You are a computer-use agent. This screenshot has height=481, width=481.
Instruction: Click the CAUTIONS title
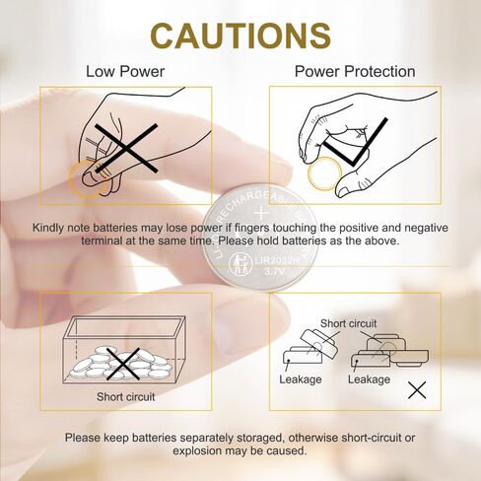(240, 35)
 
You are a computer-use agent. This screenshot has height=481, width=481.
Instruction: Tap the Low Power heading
(125, 71)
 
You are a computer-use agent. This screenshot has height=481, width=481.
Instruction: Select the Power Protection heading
(355, 71)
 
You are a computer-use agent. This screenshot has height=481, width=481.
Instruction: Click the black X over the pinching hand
(126, 148)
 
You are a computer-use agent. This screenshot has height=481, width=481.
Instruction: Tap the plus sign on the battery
(262, 214)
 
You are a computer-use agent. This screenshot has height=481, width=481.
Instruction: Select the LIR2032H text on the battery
(278, 261)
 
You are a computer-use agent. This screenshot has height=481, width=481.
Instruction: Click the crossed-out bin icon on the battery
(240, 264)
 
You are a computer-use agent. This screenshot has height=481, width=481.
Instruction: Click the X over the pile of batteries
(123, 364)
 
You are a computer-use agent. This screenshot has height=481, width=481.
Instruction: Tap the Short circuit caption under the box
(125, 397)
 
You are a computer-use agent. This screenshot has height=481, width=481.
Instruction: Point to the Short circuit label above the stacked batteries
(349, 323)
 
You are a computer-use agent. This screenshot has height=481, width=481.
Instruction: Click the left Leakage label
(301, 379)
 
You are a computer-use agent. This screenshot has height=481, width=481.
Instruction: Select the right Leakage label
(369, 379)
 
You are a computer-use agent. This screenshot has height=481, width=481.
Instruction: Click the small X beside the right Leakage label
(417, 390)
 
